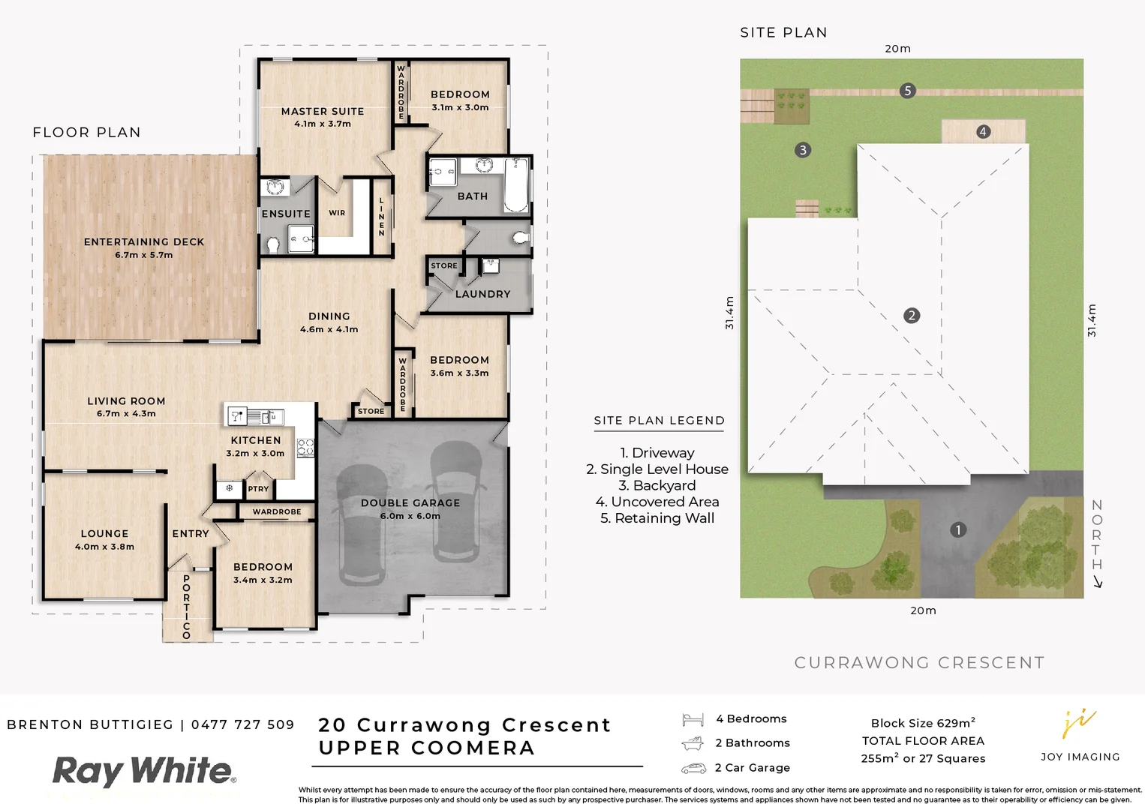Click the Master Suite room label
tap(322, 111)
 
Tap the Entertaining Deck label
tap(144, 242)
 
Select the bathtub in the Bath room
tap(515, 184)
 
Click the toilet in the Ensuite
tap(274, 244)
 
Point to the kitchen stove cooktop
tap(305, 448)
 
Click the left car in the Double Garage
tap(362, 525)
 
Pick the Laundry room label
tap(482, 294)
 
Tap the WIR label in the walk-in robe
tap(337, 213)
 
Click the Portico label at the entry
tap(187, 607)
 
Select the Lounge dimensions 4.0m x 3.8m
tap(104, 547)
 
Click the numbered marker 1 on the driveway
tap(957, 530)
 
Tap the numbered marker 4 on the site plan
tap(983, 132)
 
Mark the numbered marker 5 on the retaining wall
tap(907, 91)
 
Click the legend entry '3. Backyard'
tap(657, 485)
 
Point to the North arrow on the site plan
tap(1097, 581)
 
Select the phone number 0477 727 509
tap(242, 724)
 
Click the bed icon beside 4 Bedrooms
tap(693, 719)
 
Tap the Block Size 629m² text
tap(923, 723)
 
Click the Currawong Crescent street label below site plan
tap(919, 662)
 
